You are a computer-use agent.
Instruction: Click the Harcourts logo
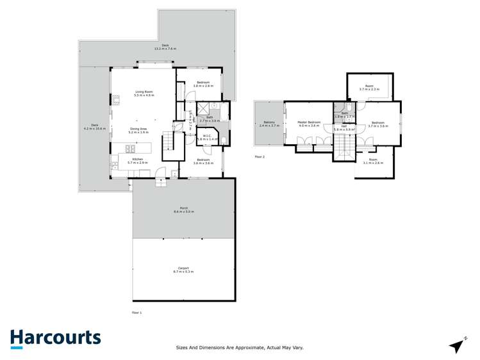(x=55, y=338)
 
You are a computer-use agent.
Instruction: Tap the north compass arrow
(x=456, y=345)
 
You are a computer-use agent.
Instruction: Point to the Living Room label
(x=144, y=94)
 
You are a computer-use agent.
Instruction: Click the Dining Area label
(x=138, y=130)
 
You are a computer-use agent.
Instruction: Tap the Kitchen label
(x=137, y=161)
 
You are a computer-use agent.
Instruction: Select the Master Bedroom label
(x=309, y=124)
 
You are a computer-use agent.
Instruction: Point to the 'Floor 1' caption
(x=136, y=312)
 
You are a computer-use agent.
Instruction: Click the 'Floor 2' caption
(x=260, y=156)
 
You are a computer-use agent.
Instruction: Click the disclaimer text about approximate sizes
(x=240, y=347)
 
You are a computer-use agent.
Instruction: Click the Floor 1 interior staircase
(x=168, y=140)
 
